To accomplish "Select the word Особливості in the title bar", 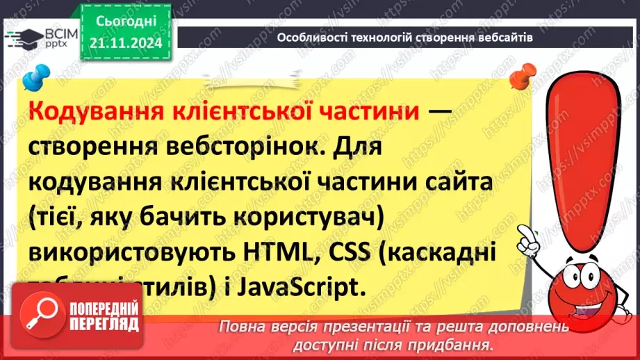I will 306,38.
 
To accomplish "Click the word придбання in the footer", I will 462,344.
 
